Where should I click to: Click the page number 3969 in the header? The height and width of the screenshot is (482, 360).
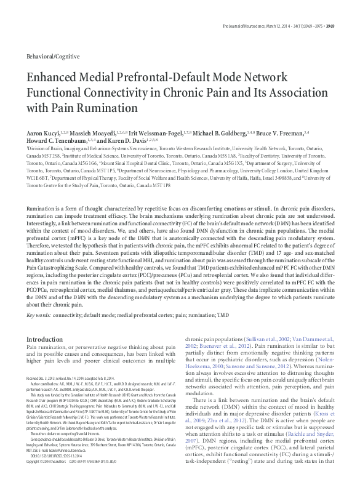click(347, 9)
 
